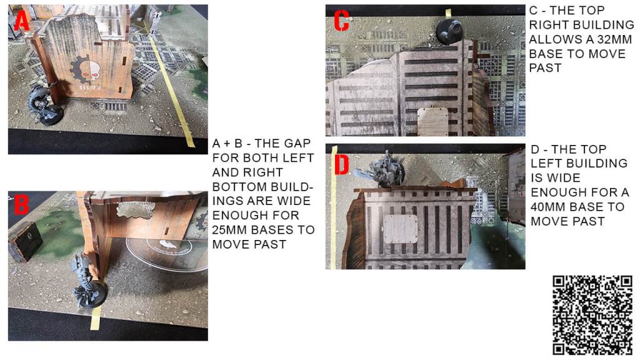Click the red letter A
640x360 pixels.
[22, 21]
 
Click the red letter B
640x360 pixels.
[21, 204]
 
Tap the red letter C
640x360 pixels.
[342, 21]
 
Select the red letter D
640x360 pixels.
[341, 164]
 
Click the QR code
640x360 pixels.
[592, 315]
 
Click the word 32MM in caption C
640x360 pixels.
[614, 39]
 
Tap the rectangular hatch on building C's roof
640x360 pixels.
[432, 121]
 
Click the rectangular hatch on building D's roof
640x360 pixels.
[401, 229]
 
